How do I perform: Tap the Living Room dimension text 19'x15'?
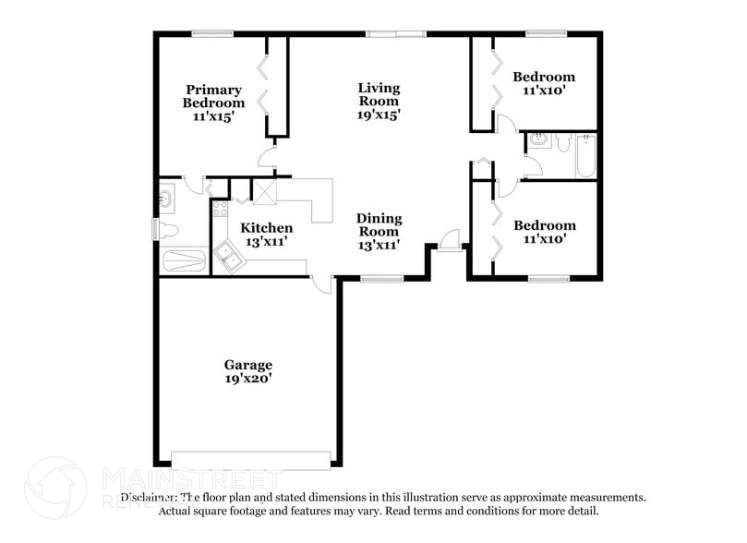380,115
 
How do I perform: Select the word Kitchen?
267,228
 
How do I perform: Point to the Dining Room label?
380,225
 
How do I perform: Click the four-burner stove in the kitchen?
220,210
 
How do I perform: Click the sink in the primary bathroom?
167,197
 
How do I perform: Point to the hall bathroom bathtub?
585,155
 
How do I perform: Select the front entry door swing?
451,240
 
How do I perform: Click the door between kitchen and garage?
322,284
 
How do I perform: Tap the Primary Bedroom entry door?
267,158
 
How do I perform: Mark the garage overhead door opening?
251,459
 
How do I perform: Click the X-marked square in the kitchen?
265,191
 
